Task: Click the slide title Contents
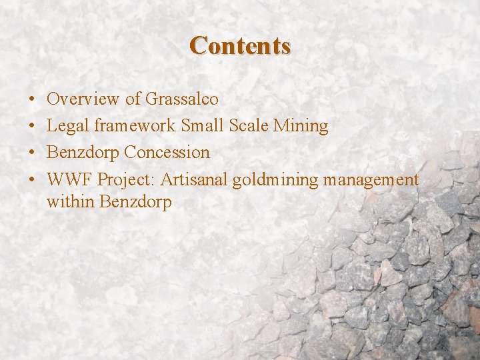[x=240, y=46]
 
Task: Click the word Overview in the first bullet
[x=84, y=99]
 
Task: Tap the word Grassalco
[x=182, y=99]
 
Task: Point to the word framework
[x=135, y=126]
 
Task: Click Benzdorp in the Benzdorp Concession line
[x=83, y=153]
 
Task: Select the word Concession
[x=167, y=153]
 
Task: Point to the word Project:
[x=127, y=180]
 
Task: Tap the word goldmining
[x=275, y=180]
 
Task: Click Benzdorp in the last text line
[x=135, y=202]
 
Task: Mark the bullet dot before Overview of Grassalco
[x=33, y=100]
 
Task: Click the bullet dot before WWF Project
[x=33, y=180]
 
